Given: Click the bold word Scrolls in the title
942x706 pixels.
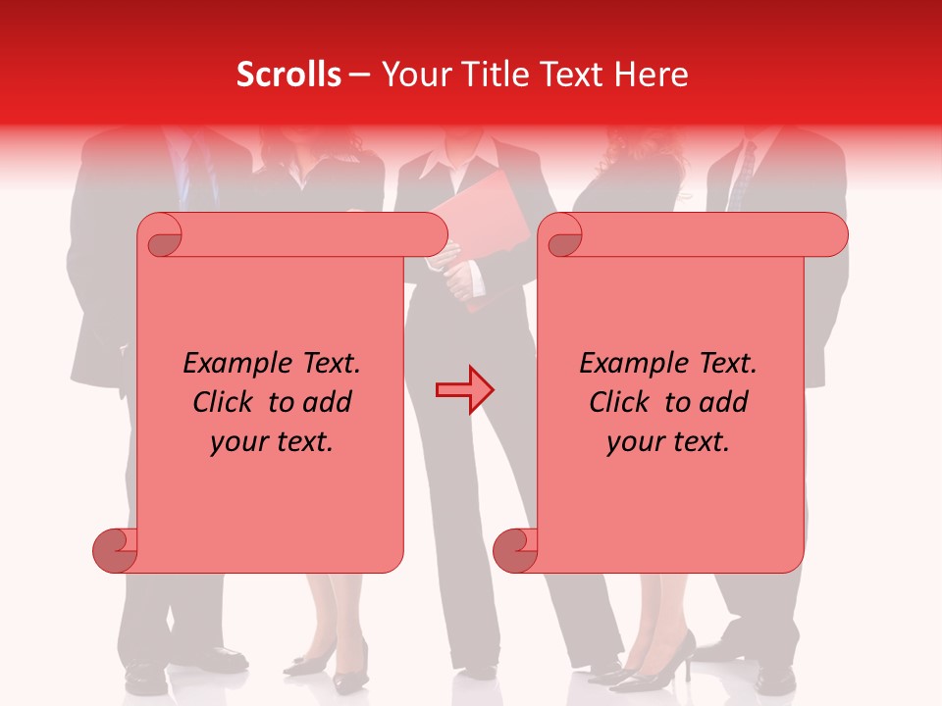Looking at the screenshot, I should click(288, 76).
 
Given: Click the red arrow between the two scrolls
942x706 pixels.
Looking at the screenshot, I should click(464, 389).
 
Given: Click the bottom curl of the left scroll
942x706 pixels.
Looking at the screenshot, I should click(115, 550).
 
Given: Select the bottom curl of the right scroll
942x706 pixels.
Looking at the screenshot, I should click(515, 550).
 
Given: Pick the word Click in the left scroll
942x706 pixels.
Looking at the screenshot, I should click(227, 402).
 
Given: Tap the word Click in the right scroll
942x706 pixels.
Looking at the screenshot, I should click(623, 402).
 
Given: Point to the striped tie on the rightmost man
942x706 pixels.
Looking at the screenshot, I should click(742, 176).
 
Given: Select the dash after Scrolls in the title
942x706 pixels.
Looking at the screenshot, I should click(359, 76).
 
